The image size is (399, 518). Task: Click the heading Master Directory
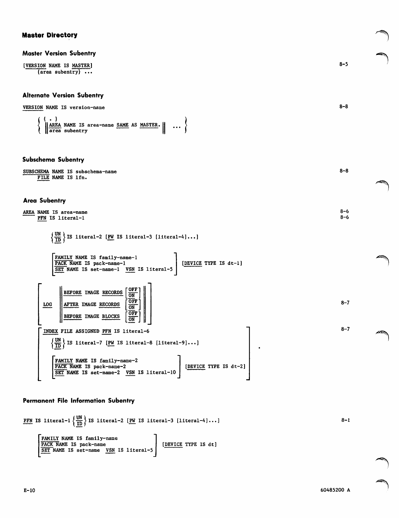pyautogui.click(x=50, y=35)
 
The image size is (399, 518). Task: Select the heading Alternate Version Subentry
pyautogui.click(x=63, y=95)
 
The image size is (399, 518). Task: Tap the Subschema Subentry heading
pyautogui.click(x=53, y=160)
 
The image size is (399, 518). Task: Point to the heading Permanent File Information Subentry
pyautogui.click(x=79, y=401)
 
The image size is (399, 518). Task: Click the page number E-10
pyautogui.click(x=29, y=491)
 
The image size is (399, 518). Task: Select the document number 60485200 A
pyautogui.click(x=335, y=490)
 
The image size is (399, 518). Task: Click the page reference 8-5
pyautogui.click(x=343, y=64)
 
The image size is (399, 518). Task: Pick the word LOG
pyautogui.click(x=47, y=304)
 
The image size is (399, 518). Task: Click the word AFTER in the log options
pyautogui.click(x=71, y=304)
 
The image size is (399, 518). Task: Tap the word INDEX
pyautogui.click(x=50, y=331)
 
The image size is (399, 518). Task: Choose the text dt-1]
pyautogui.click(x=235, y=263)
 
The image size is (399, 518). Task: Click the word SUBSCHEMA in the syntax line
pyautogui.click(x=36, y=172)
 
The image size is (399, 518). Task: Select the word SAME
pyautogui.click(x=122, y=125)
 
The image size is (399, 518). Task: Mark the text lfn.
pyautogui.click(x=81, y=178)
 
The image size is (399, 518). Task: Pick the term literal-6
pyautogui.click(x=136, y=331)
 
